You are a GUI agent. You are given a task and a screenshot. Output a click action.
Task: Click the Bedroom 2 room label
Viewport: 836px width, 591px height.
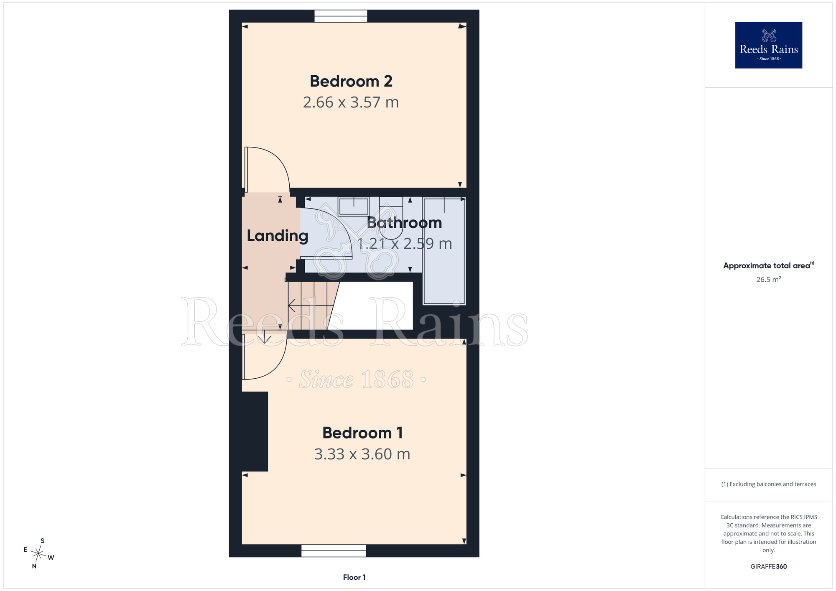click(351, 81)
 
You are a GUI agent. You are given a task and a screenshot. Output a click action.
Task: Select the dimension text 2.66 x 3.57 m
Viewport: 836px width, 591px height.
click(351, 102)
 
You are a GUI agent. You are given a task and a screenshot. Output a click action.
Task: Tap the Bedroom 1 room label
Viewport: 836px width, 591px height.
click(362, 433)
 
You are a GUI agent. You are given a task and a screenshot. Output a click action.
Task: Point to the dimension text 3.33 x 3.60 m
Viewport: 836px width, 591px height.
click(362, 454)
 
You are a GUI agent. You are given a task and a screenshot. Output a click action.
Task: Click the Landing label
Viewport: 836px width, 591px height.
click(278, 236)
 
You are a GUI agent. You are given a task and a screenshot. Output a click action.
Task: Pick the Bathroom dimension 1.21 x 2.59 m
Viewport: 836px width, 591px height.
click(405, 244)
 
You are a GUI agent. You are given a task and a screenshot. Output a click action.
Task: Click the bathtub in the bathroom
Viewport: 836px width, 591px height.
click(444, 251)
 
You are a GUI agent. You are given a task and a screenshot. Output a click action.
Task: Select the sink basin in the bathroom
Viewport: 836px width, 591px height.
click(354, 206)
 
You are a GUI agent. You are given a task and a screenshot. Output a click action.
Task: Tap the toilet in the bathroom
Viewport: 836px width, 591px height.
click(391, 218)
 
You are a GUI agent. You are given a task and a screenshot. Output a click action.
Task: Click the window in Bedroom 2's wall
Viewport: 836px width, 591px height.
click(341, 16)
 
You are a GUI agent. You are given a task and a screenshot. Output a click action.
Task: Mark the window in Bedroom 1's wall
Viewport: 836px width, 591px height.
click(334, 550)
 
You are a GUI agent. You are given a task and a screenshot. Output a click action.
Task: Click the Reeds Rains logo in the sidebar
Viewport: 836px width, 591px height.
click(769, 45)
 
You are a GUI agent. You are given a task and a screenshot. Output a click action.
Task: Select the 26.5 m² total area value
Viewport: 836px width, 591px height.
click(769, 279)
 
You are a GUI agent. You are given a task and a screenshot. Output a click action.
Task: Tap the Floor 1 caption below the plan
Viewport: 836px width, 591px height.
click(354, 577)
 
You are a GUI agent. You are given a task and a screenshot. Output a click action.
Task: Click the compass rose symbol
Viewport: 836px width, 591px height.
click(38, 554)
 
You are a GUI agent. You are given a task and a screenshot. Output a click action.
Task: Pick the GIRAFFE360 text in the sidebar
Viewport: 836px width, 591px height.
click(769, 567)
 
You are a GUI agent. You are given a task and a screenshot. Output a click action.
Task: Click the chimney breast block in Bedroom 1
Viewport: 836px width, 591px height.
click(255, 431)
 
